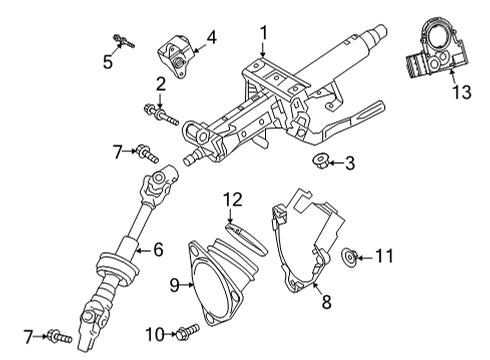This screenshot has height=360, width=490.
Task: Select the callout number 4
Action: tap(211, 41)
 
